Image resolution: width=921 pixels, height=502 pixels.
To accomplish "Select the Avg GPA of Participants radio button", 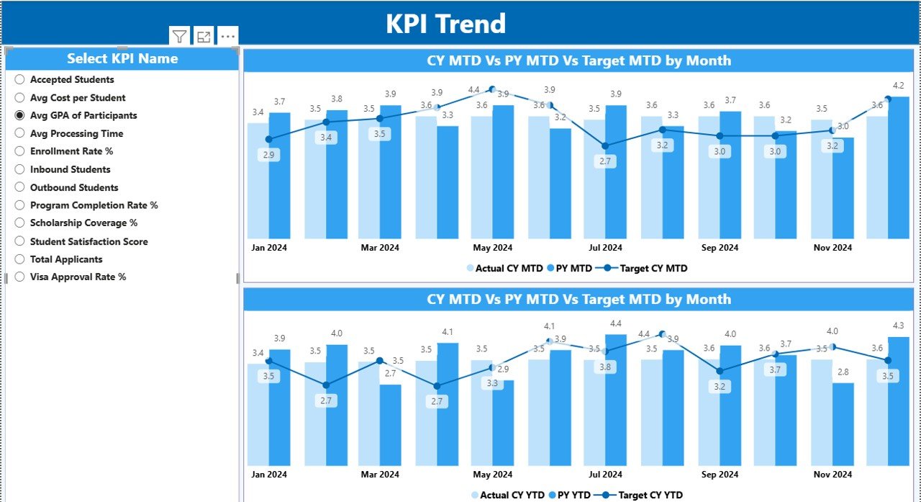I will point(20,115).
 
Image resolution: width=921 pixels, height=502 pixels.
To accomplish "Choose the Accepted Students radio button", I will point(20,80).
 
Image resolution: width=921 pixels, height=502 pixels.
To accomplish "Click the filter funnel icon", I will point(179,36).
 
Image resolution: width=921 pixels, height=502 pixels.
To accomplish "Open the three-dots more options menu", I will point(227,36).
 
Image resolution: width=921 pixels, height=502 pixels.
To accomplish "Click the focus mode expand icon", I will point(204,36).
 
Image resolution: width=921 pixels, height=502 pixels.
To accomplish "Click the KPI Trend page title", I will point(445,24).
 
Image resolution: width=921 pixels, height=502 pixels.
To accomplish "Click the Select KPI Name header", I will point(122,59).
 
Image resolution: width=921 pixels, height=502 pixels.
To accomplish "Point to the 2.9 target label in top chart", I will point(268,155).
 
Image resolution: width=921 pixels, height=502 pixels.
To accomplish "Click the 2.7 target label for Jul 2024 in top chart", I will point(605,161).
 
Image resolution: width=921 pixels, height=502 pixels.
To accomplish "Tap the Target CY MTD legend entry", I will point(646,268).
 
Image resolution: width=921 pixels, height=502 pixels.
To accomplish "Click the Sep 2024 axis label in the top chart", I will point(719,248).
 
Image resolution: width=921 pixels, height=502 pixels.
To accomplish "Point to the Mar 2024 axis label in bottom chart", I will point(380,475).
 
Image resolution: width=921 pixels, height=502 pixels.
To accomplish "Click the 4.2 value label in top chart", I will point(898,86).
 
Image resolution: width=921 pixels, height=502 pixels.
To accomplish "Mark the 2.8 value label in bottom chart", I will point(843,372).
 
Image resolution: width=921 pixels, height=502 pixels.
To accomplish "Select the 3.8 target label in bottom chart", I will point(605,367).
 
